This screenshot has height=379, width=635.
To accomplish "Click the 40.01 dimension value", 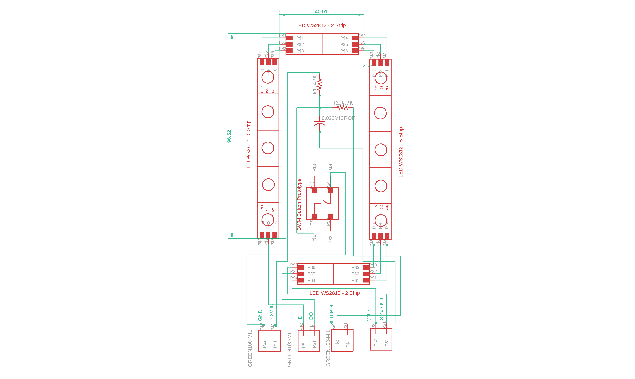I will (x=321, y=12).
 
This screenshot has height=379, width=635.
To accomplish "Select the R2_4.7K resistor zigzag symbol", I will (x=342, y=108).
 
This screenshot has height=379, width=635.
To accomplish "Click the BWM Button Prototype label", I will (x=299, y=204).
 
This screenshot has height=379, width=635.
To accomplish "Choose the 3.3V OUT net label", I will (x=382, y=309).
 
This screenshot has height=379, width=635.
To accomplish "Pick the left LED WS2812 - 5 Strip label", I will (x=248, y=146).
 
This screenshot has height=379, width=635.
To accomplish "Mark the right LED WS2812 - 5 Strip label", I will (x=401, y=152).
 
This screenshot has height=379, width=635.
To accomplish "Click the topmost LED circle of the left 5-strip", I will (x=268, y=77).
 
